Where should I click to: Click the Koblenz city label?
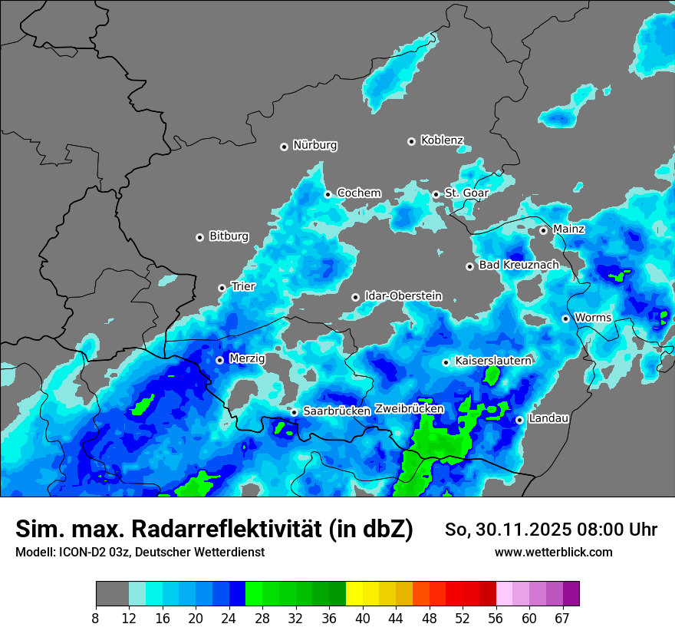tap(442, 140)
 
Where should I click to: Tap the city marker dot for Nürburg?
tap(284, 146)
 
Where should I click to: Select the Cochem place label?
tap(359, 193)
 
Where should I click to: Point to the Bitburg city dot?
tap(199, 237)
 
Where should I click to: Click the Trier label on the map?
tap(243, 287)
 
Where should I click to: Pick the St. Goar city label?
tap(466, 193)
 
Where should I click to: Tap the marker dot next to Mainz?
tap(543, 230)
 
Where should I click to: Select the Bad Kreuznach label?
tap(519, 266)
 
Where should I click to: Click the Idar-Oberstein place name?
tap(403, 296)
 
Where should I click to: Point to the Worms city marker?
tap(565, 318)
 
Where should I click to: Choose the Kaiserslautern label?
tap(493, 361)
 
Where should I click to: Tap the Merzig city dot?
tap(219, 360)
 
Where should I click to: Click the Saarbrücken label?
tap(337, 411)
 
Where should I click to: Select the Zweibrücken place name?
tap(409, 409)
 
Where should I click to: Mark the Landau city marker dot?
tap(519, 420)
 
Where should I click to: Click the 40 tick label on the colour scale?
tap(362, 618)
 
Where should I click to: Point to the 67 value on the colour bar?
tap(562, 618)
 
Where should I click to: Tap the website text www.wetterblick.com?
tap(553, 553)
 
